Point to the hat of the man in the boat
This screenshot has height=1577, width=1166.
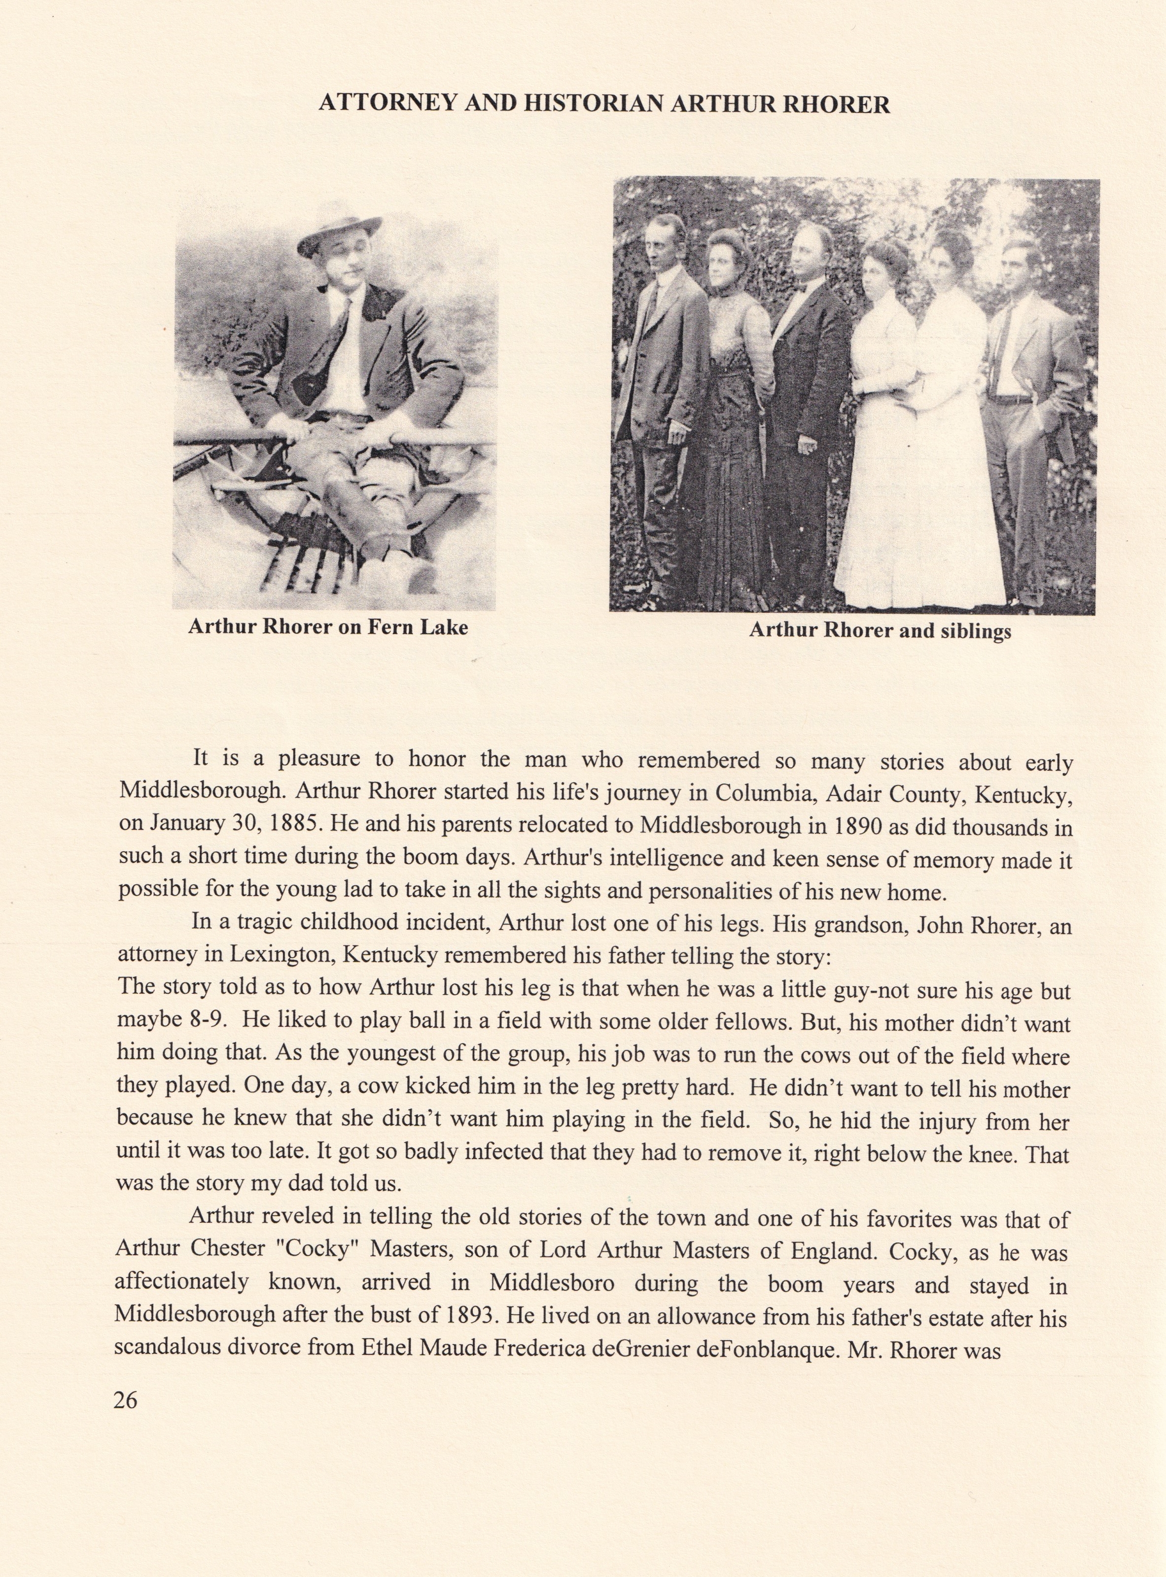pyautogui.click(x=339, y=228)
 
